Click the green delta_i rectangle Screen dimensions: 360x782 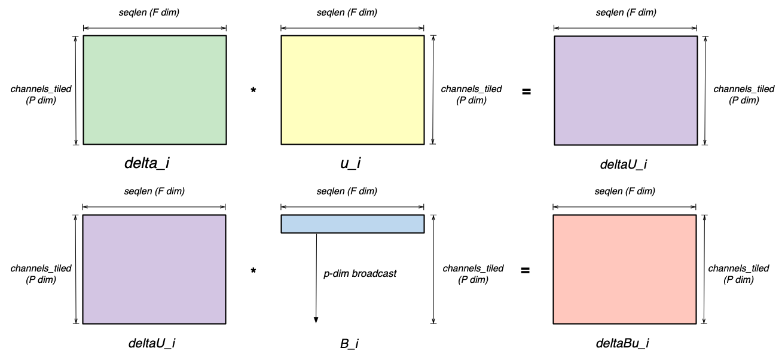pos(154,90)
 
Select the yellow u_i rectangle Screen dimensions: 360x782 pos(353,90)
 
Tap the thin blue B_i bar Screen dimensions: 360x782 pos(353,224)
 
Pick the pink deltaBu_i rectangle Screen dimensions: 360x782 pos(625,269)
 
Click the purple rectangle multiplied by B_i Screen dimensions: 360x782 pos(154,269)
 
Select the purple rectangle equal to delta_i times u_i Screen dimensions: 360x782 pos(625,90)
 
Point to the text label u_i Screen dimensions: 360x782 pos(351,163)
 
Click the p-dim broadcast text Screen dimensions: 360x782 pos(360,274)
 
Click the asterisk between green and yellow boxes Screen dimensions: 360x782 pos(253,91)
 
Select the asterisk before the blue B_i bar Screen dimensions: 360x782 pos(253,271)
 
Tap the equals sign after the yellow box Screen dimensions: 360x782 pos(526,92)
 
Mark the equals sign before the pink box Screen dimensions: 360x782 pos(525,271)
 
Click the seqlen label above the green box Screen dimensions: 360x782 pos(154,11)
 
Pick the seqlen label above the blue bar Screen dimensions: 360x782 pos(353,191)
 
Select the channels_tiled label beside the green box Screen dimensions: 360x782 pos(41,94)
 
